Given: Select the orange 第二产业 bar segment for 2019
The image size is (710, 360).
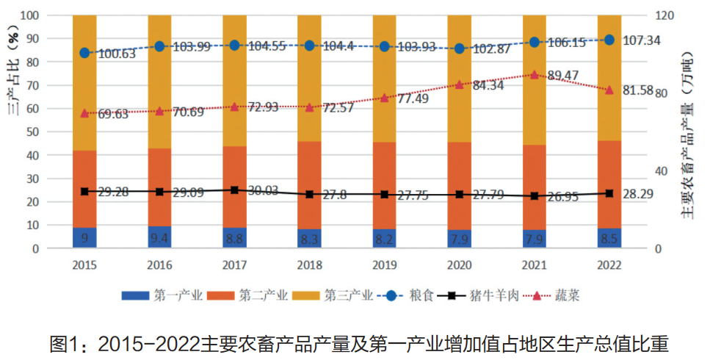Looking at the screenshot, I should [x=385, y=185].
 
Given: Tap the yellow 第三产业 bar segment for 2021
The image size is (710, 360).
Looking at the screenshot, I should [x=535, y=81].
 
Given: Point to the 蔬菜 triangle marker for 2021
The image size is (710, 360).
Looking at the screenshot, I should [x=535, y=75].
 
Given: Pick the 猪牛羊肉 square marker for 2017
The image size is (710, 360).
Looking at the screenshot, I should [x=234, y=190].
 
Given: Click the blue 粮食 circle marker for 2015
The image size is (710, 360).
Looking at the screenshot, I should [x=84, y=53].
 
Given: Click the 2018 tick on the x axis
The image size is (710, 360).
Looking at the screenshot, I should [x=309, y=264].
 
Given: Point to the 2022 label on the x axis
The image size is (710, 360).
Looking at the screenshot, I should [x=609, y=264].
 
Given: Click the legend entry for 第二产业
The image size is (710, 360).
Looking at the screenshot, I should [x=254, y=295].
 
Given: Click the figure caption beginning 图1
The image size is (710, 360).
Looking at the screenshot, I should [x=355, y=342].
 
